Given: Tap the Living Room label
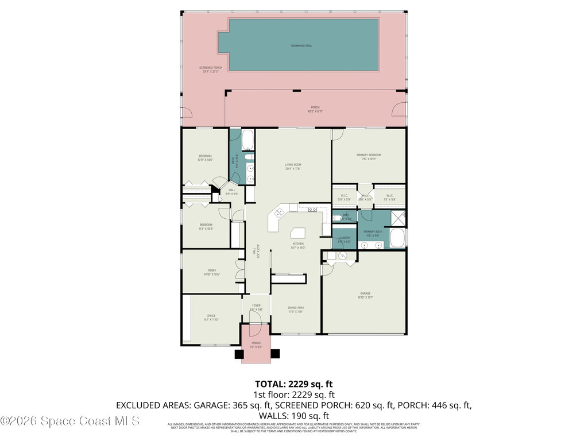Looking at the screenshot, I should pyautogui.click(x=293, y=167).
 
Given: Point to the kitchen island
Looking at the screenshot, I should pyautogui.click(x=298, y=233).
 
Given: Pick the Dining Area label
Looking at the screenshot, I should pyautogui.click(x=296, y=310).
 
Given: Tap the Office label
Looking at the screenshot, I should pyautogui.click(x=211, y=318).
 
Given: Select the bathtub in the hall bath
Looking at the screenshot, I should pyautogui.click(x=248, y=140).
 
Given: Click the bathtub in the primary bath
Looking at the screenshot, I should pyautogui.click(x=397, y=237).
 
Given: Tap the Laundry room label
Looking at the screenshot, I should pyautogui.click(x=344, y=239).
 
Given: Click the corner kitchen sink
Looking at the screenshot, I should pyautogui.click(x=280, y=213).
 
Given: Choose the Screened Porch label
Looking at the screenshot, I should pyautogui.click(x=211, y=69).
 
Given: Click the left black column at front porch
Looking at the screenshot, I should pyautogui.click(x=239, y=354).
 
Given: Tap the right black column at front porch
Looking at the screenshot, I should pyautogui.click(x=274, y=354).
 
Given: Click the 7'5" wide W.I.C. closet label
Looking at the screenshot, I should pyautogui.click(x=389, y=197).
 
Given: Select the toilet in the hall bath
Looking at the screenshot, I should pyautogui.click(x=249, y=156).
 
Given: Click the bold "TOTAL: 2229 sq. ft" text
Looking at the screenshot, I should pyautogui.click(x=294, y=384).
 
